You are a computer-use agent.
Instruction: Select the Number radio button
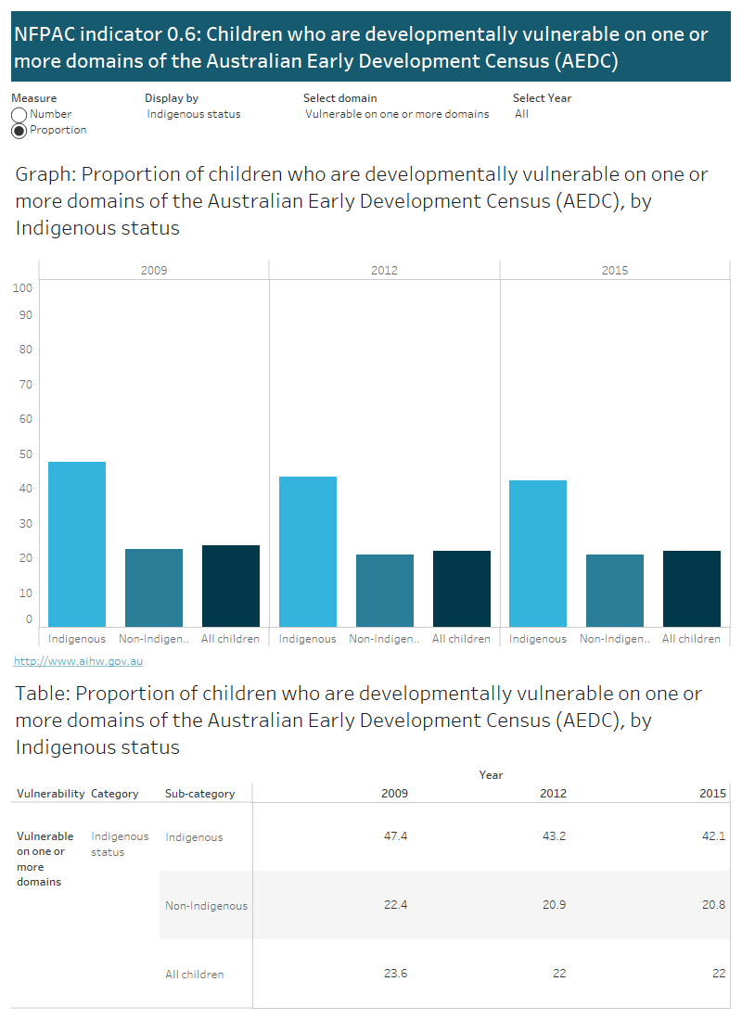(x=19, y=115)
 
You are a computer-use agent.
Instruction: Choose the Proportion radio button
(x=19, y=131)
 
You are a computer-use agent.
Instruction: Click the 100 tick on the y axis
(x=23, y=287)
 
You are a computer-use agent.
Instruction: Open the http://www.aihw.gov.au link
(x=78, y=661)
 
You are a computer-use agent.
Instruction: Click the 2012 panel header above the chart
(x=384, y=270)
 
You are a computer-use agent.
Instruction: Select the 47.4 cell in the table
(x=395, y=835)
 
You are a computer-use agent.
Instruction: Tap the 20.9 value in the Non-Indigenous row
(x=554, y=904)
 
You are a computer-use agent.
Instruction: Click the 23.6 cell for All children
(x=395, y=973)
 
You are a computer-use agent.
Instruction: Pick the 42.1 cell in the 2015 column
(x=713, y=835)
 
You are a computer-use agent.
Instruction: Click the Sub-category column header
(x=199, y=793)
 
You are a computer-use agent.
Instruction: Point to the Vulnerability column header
(x=51, y=793)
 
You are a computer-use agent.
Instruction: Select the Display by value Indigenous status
(x=194, y=114)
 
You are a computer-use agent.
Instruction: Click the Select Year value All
(x=521, y=114)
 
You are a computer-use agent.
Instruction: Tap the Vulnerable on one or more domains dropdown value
(x=397, y=114)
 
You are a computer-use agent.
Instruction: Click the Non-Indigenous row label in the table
(x=206, y=905)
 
